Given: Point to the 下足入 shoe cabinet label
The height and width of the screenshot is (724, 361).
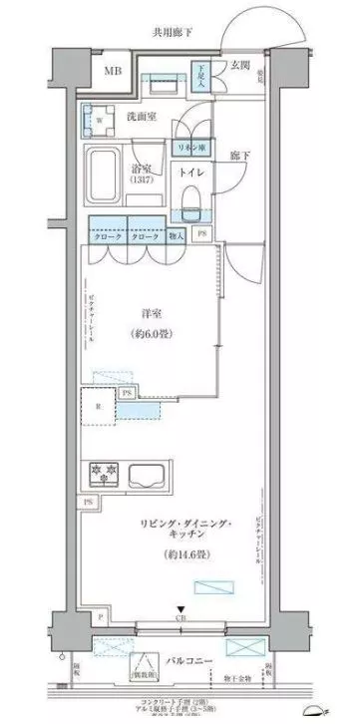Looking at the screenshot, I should pos(201,76).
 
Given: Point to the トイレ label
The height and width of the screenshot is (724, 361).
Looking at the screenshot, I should pos(192,173).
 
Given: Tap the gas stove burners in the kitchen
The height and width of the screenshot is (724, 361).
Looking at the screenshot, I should pos(109,471).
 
